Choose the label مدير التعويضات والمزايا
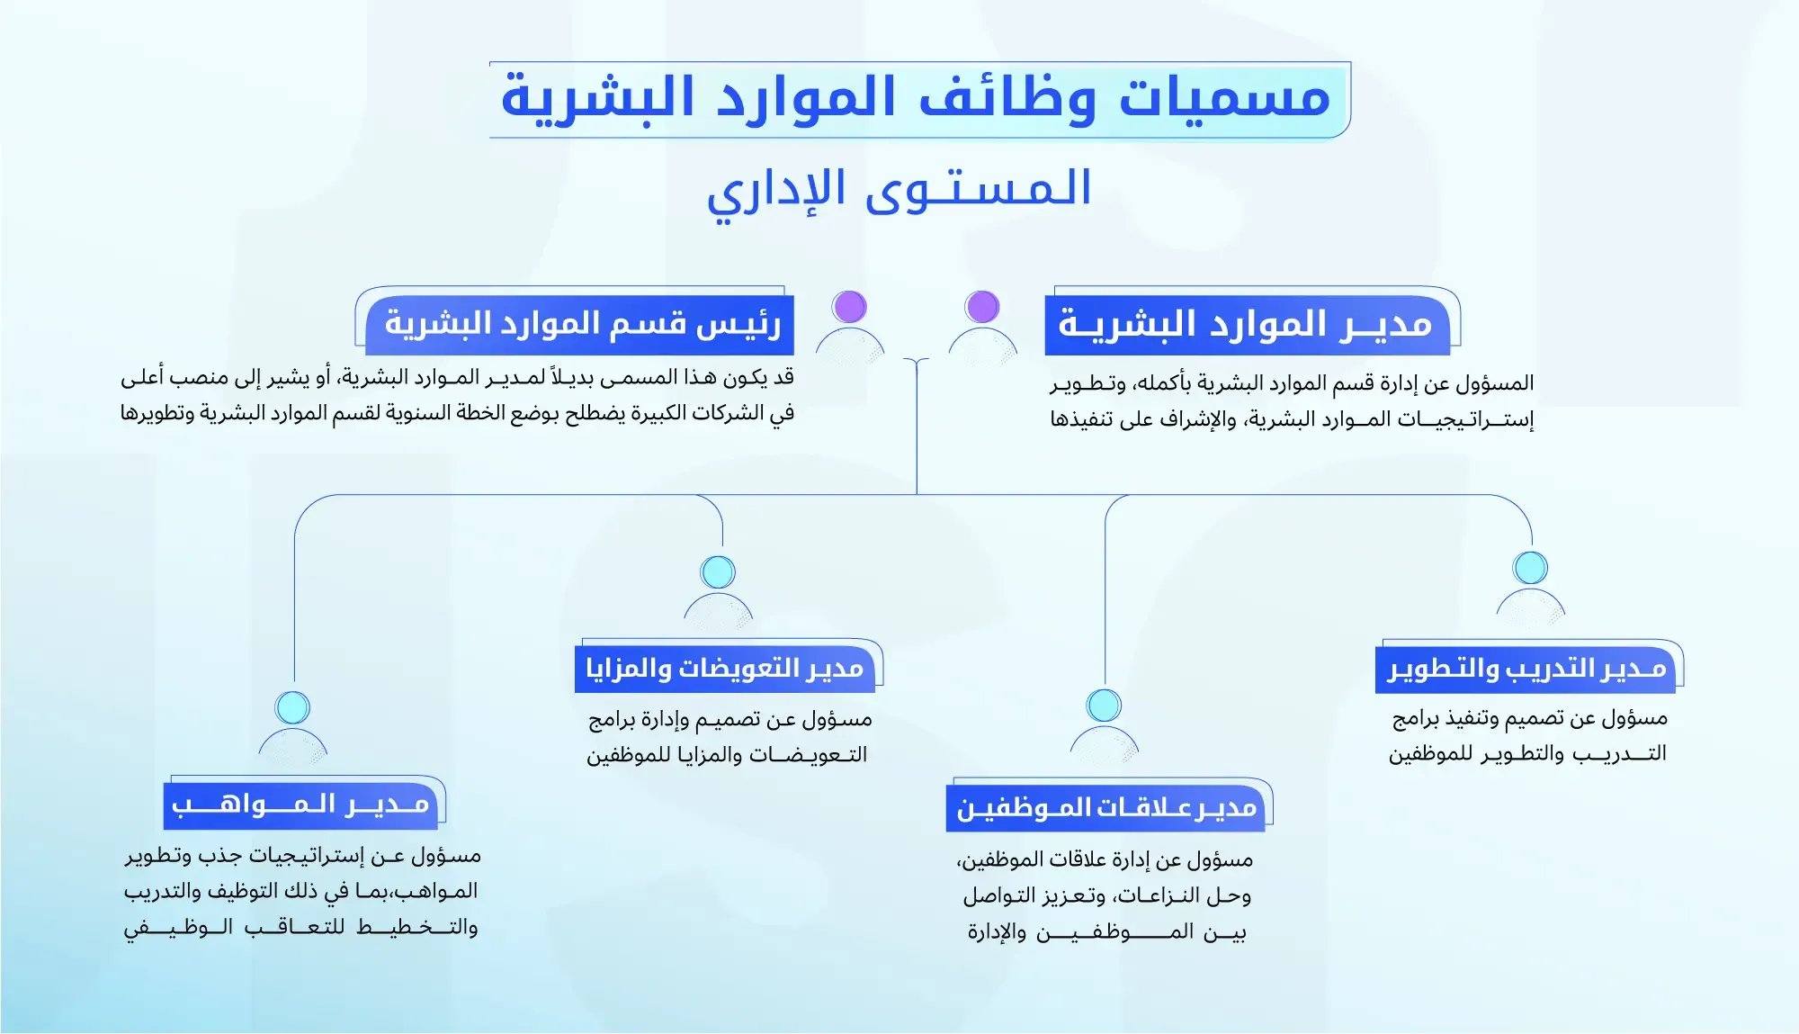[725, 669]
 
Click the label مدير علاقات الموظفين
[1106, 807]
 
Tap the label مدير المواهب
[301, 804]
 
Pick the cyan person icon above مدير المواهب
[292, 725]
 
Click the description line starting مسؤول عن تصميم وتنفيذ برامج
[1529, 718]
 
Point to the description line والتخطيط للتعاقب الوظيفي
[300, 927]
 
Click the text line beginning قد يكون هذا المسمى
[457, 378]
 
